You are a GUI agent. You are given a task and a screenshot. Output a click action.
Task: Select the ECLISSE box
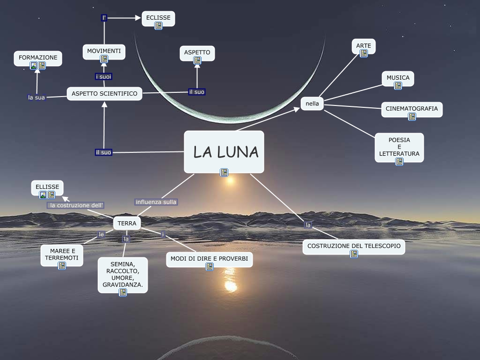158,18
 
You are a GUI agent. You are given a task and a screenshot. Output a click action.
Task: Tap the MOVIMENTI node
104,51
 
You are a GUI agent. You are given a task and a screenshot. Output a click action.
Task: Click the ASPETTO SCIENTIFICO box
105,94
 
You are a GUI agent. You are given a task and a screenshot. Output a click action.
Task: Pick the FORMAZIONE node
38,58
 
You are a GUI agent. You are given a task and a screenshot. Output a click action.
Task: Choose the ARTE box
363,46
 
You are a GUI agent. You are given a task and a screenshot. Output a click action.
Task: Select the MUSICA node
398,78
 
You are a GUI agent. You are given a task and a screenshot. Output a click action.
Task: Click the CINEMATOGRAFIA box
412,109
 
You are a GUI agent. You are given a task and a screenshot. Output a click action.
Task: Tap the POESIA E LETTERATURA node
399,147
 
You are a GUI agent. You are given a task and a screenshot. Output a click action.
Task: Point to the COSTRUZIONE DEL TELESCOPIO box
353,246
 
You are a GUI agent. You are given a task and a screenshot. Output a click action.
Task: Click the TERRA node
127,224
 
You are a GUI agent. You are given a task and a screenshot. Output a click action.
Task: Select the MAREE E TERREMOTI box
61,255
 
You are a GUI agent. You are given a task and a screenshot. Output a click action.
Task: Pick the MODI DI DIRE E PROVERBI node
209,259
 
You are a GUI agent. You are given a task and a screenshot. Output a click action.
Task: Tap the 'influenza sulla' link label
156,202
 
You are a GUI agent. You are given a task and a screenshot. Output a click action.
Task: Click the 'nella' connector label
312,103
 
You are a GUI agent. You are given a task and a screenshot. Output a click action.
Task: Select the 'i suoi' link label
104,76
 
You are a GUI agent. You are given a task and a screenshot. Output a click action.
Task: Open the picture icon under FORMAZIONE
34,66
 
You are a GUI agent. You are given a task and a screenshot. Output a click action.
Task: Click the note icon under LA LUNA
224,172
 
